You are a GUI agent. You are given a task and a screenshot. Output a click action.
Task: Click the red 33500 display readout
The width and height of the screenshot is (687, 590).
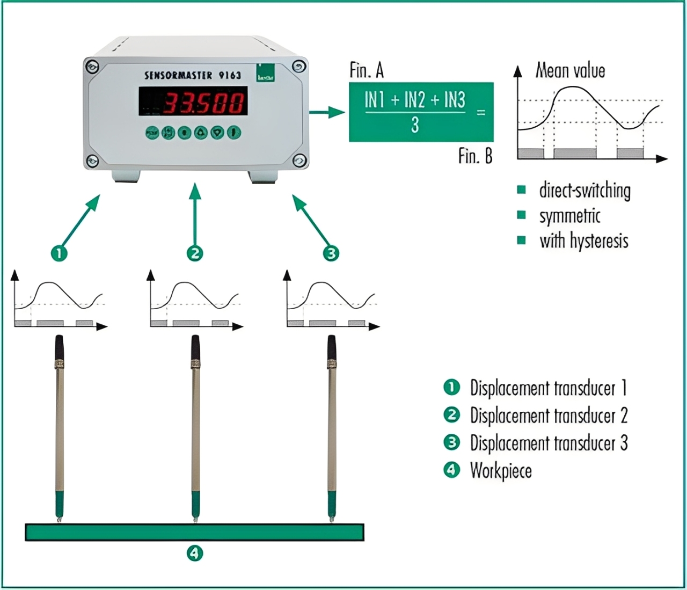pyautogui.click(x=204, y=102)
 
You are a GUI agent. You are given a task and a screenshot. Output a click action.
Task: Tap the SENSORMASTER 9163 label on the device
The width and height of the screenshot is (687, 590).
pyautogui.click(x=193, y=75)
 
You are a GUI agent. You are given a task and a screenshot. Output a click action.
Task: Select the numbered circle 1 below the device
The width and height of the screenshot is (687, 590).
pyautogui.click(x=59, y=253)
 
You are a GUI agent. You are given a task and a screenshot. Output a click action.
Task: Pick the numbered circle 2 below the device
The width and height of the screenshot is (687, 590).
pyautogui.click(x=195, y=253)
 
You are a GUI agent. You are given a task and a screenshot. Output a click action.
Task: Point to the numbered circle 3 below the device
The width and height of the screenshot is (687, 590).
pyautogui.click(x=331, y=253)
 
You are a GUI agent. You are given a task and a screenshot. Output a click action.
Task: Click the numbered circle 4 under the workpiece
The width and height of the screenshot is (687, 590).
pyautogui.click(x=194, y=552)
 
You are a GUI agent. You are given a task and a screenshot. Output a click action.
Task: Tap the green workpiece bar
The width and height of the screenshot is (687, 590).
pyautogui.click(x=194, y=532)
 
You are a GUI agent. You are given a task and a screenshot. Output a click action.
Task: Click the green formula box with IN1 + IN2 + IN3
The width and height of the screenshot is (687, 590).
pyautogui.click(x=421, y=112)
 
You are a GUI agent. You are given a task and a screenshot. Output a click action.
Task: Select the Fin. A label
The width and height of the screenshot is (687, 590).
pyautogui.click(x=367, y=70)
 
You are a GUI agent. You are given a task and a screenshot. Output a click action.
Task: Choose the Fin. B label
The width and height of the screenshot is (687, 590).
pyautogui.click(x=475, y=156)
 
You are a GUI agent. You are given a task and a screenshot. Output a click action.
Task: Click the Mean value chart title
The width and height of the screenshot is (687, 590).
pyautogui.click(x=570, y=70)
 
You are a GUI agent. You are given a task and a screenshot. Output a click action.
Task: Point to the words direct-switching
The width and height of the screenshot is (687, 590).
pyautogui.click(x=584, y=191)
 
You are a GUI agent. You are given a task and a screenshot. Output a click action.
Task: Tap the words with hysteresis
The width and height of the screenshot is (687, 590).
pyautogui.click(x=584, y=241)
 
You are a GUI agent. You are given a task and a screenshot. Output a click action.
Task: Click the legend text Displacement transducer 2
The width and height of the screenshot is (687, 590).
pyautogui.click(x=549, y=416)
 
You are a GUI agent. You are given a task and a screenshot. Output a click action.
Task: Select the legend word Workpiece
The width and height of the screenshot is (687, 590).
pyautogui.click(x=501, y=471)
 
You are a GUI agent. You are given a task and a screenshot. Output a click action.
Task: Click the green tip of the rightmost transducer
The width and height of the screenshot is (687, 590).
pyautogui.click(x=332, y=505)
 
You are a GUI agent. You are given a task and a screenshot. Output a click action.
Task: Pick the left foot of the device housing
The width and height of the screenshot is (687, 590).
pyautogui.click(x=127, y=177)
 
